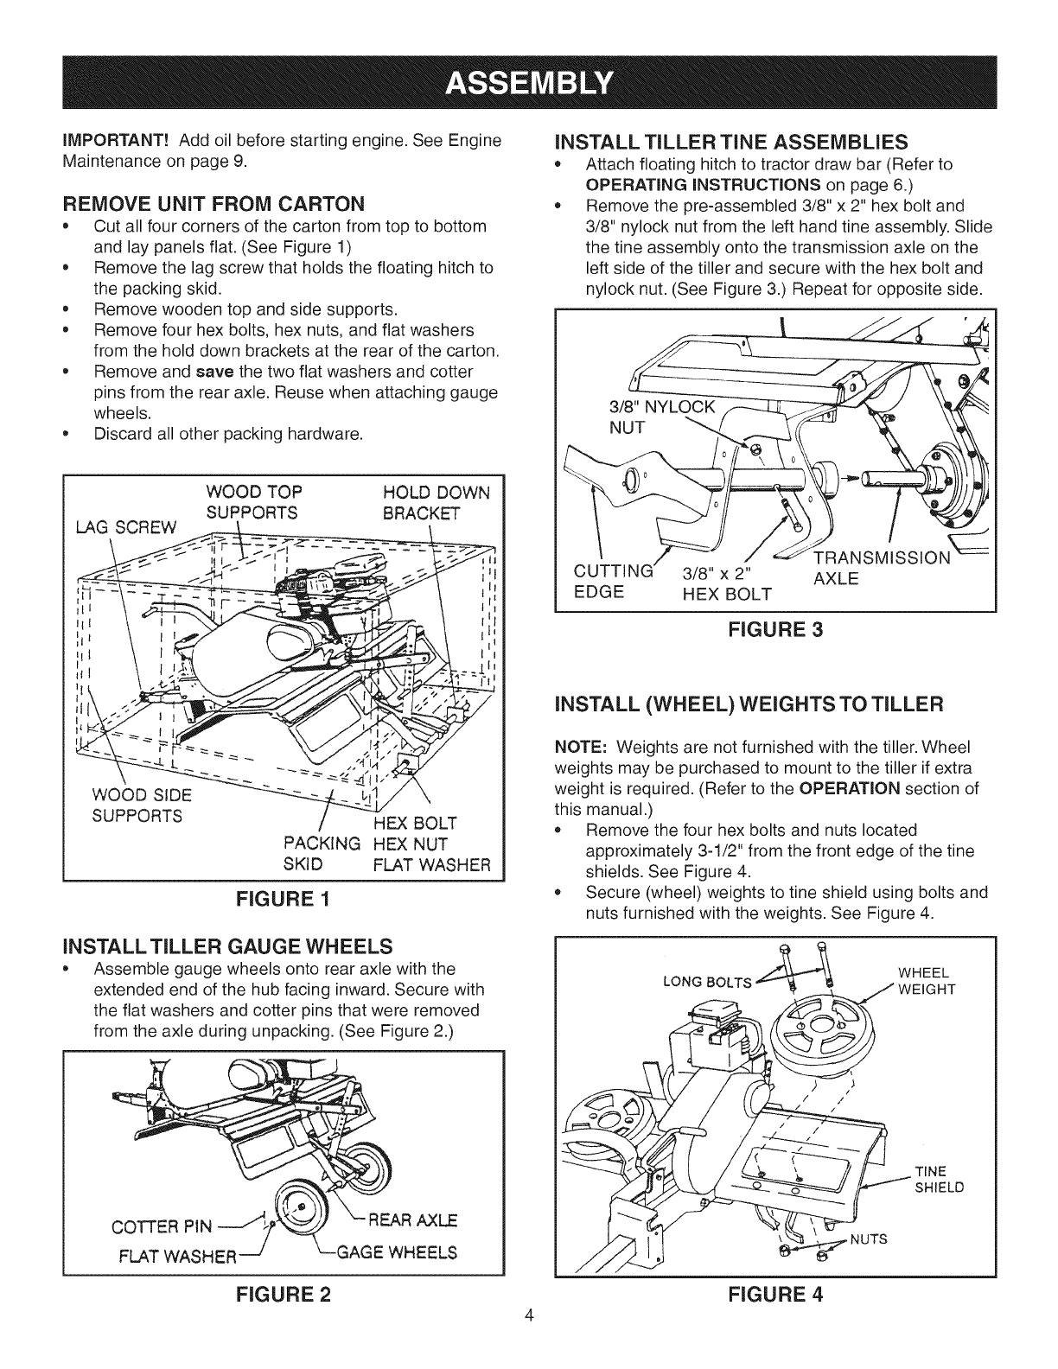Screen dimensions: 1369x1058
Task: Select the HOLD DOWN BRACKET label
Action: click(435, 503)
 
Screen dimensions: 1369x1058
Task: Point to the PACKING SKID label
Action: click(321, 854)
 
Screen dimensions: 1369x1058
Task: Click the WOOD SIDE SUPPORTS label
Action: click(139, 805)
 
